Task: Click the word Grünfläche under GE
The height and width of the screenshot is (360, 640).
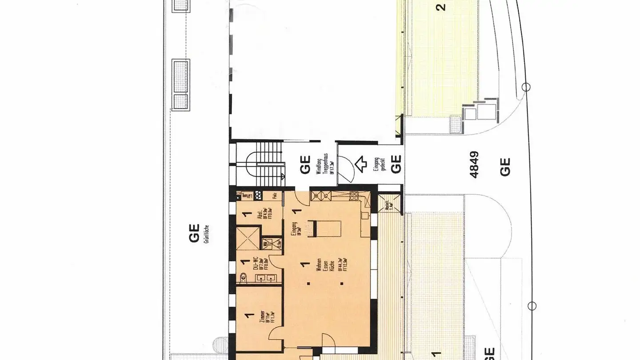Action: tap(207, 233)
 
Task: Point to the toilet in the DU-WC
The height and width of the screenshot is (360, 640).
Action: tap(243, 278)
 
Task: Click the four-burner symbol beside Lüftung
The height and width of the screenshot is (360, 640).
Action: tap(244, 195)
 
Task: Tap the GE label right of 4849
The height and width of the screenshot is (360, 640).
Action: tap(505, 167)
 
